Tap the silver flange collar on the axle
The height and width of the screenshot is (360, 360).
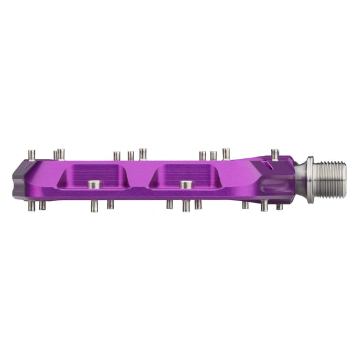pos(309,180)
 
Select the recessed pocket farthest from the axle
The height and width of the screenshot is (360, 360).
pos(94,176)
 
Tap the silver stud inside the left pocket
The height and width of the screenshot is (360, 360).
pos(94,184)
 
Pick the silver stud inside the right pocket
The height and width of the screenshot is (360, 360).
pos(185,184)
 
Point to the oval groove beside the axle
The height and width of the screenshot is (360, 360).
pos(273,186)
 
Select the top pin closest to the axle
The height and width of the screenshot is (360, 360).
pos(275,155)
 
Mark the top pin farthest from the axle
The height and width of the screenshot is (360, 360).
pos(32,155)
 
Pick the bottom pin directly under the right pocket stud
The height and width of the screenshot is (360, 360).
pos(186,205)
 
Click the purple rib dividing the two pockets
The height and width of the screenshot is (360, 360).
pos(140,176)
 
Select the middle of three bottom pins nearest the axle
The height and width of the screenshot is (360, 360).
pos(264,205)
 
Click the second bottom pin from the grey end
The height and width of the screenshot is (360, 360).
pos(42,205)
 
